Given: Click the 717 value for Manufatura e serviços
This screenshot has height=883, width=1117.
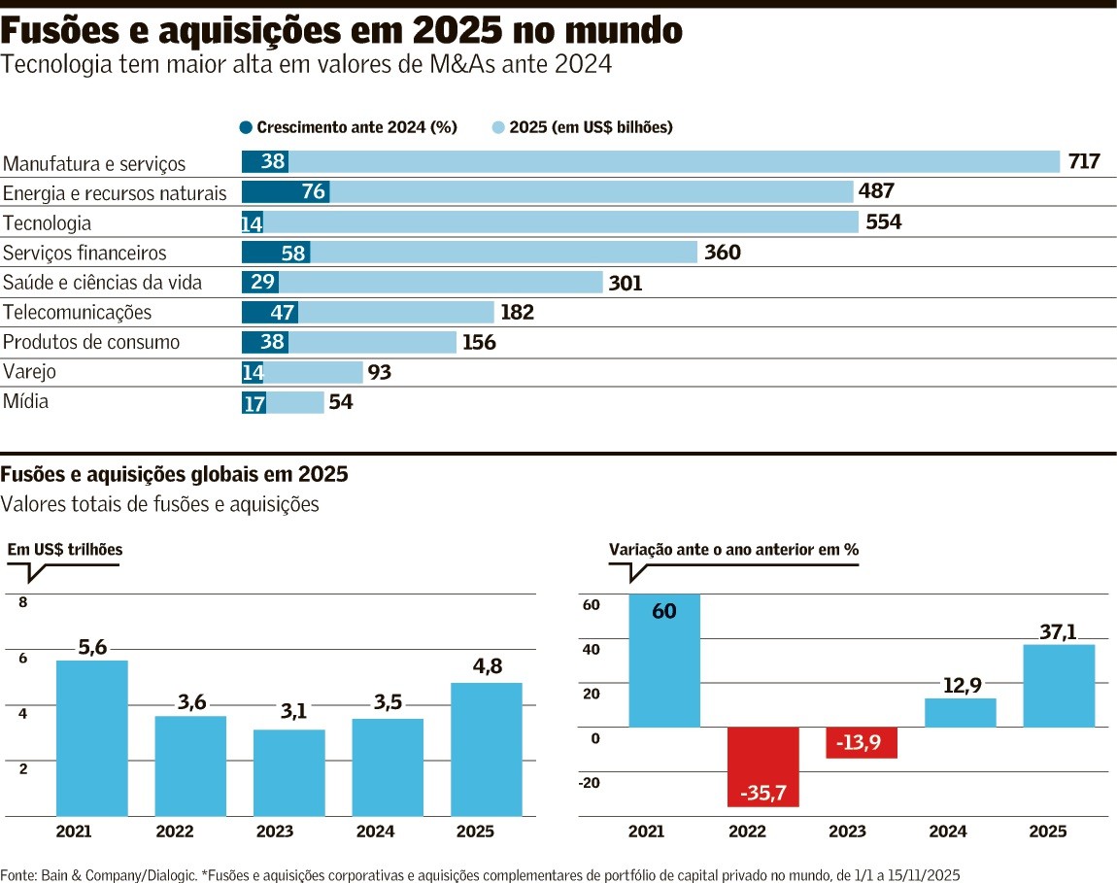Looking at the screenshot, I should coord(1084,161).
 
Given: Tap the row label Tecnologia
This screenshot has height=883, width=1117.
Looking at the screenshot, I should coord(48,223).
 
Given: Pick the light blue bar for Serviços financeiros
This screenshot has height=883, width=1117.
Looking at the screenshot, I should coord(503,253).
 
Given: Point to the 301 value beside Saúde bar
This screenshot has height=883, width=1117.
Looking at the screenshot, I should coord(626,284).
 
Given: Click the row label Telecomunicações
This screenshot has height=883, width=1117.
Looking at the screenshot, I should coord(78,313).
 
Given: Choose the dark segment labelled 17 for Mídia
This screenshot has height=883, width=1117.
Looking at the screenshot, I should coord(254,403).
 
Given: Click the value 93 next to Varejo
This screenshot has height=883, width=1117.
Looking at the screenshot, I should coord(380,372).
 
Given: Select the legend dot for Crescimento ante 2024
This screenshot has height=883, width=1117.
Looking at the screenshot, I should coord(246,127).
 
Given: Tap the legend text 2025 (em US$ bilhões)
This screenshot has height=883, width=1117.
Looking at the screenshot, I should coord(591,127).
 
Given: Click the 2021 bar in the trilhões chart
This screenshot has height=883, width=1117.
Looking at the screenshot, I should coord(92,738).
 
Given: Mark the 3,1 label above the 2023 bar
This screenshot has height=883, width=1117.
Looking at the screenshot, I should coord(293,712).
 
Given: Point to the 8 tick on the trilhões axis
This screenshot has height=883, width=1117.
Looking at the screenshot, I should coord(23,603).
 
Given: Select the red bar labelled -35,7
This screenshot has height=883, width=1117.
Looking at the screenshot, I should coord(762,766).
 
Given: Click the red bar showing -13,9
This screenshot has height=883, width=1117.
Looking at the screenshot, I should coord(862,742).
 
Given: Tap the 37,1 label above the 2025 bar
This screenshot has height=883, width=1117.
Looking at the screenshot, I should coord(1059,632).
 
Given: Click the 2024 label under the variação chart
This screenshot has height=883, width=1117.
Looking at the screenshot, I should coord(947,832).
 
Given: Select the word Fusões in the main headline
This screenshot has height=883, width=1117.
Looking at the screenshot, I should coord(67,32).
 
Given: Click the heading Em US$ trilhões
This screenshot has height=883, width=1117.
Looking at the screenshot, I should coord(65,550).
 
